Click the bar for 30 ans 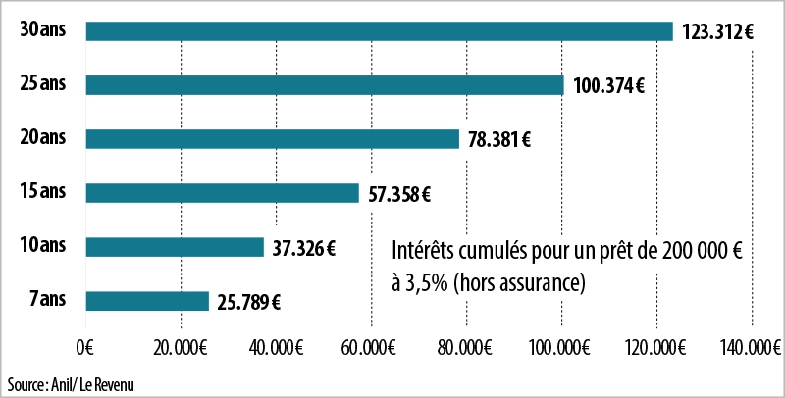click(379, 31)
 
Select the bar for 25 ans click(325, 85)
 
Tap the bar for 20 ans click(273, 139)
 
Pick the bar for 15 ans click(223, 193)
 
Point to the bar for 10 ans click(175, 247)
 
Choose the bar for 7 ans click(147, 301)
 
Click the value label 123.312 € click(715, 32)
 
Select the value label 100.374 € click(608, 86)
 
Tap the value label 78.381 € click(498, 140)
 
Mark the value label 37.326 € click(302, 248)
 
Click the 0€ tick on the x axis click(84, 347)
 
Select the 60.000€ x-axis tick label click(372, 347)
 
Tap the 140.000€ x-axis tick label click(751, 347)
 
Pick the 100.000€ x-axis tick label click(561, 347)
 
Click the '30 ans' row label click(42, 30)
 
